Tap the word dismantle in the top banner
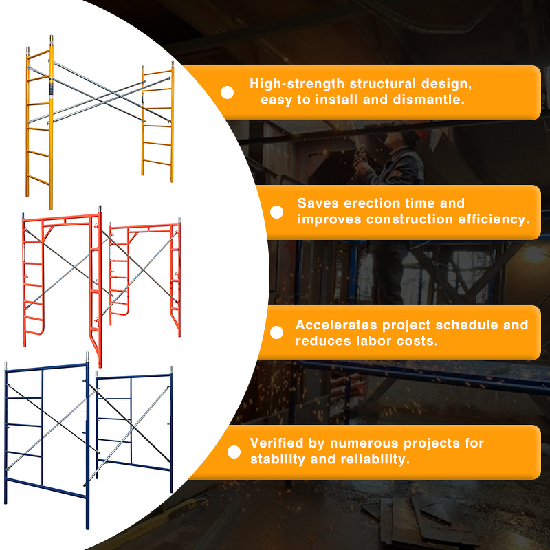tap(431, 100)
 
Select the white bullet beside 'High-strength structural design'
tap(227, 92)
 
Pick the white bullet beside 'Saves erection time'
tap(276, 212)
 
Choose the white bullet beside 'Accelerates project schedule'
tap(276, 333)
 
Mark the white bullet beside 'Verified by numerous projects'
tap(234, 452)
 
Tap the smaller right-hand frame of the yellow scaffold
tap(158, 124)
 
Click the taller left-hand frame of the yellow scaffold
tap(39, 124)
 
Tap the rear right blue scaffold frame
tap(135, 426)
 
